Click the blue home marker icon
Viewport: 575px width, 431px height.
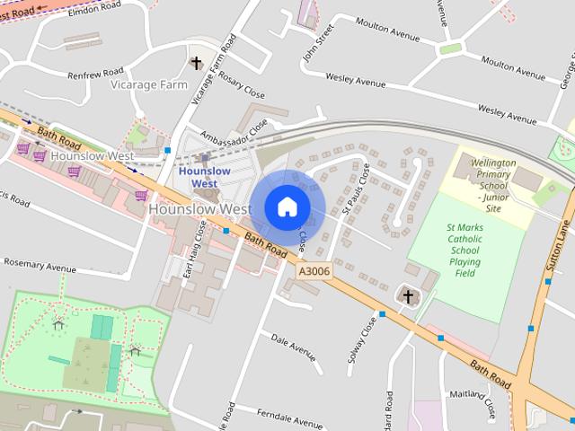[287, 207]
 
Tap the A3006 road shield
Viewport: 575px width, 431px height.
[314, 268]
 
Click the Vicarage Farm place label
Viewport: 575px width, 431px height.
[148, 84]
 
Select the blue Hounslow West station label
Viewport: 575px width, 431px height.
[204, 177]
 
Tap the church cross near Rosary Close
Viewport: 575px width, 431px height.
[197, 63]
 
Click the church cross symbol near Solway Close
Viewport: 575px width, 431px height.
[408, 296]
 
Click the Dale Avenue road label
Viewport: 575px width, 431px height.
[294, 347]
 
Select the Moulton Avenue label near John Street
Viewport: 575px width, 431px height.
[388, 30]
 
